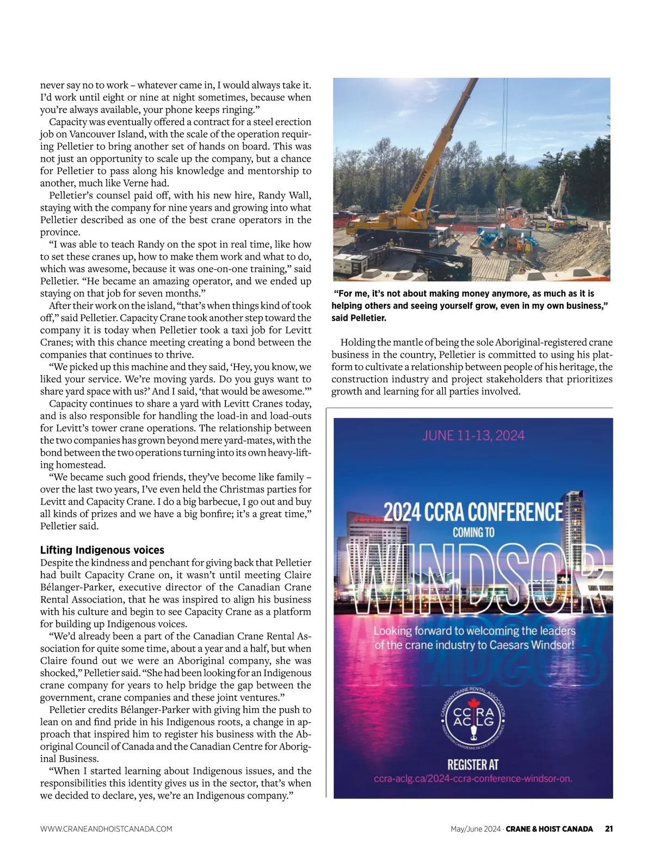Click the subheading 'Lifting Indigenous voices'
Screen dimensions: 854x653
tap(102, 550)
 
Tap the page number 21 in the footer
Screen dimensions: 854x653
tap(609, 829)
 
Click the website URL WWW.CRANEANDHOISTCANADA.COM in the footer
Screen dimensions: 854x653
tap(106, 829)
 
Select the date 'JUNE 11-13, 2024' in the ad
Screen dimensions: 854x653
tap(473, 435)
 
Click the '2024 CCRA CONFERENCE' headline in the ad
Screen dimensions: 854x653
tap(473, 512)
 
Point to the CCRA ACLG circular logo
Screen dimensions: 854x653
tap(473, 718)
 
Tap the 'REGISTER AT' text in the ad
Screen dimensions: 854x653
tap(473, 764)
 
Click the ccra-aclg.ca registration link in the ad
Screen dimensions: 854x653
tap(473, 778)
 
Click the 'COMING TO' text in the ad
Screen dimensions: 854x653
tap(473, 532)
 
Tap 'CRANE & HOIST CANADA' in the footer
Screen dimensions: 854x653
tap(550, 829)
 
